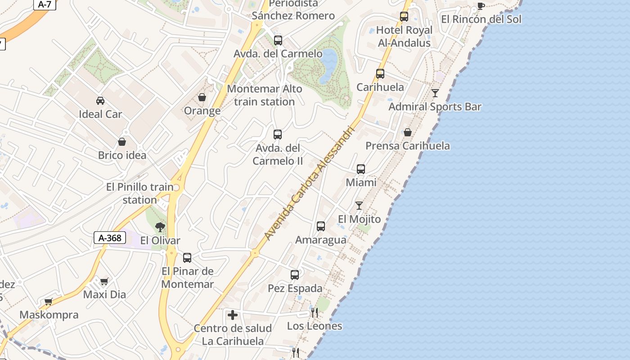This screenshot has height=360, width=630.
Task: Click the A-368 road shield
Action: (110, 238)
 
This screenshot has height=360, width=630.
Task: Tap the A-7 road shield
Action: (45, 4)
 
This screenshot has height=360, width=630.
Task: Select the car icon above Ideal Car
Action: (100, 100)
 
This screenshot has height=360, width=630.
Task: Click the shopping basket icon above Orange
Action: (202, 97)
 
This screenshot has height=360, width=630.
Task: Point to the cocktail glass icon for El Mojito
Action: (359, 206)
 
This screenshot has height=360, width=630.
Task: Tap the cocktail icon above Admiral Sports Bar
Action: (435, 93)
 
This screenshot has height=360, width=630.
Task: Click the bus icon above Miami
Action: (361, 169)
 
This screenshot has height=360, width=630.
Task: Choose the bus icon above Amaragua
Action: (321, 226)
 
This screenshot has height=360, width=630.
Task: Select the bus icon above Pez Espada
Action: (295, 274)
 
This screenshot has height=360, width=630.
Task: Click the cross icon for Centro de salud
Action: (233, 315)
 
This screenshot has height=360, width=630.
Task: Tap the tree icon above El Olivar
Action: (160, 227)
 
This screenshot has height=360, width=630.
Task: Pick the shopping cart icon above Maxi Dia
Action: (104, 282)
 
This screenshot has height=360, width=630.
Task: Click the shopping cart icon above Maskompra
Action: (48, 301)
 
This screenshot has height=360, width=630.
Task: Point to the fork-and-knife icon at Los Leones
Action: (315, 312)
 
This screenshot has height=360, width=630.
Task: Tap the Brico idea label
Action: (122, 155)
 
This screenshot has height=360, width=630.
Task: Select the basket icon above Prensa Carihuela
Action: (407, 132)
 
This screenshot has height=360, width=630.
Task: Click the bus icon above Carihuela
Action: (380, 74)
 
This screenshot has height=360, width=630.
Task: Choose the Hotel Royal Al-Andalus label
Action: (404, 36)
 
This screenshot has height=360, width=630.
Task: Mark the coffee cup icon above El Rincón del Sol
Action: (481, 6)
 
